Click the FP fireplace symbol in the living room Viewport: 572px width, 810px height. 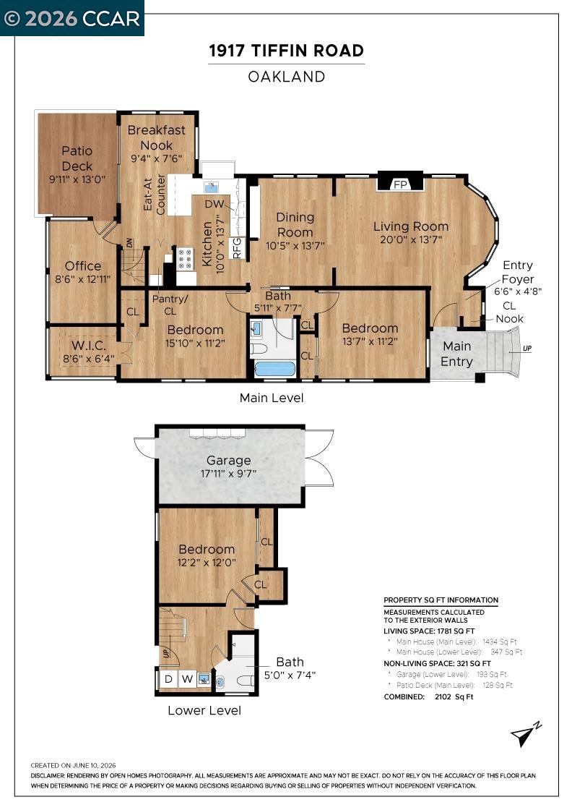400,182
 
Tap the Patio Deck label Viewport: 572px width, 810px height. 77,158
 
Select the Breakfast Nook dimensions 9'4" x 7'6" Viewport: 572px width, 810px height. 156,158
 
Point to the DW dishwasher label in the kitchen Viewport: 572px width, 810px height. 214,204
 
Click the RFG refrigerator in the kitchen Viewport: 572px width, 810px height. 238,247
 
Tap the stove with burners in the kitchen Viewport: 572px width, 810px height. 185,259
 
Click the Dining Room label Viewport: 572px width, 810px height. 295,225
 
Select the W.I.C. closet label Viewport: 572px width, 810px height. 88,346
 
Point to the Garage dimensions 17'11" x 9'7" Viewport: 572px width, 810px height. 228,473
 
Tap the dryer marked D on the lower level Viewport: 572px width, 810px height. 168,678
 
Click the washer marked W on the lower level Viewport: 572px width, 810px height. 187,678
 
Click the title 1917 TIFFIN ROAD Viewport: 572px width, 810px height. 286,51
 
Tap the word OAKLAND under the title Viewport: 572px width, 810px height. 286,77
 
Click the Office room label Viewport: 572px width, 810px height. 83,266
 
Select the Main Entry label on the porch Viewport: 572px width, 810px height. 457,354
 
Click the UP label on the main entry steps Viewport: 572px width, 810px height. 526,349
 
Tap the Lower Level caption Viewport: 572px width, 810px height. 204,711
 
